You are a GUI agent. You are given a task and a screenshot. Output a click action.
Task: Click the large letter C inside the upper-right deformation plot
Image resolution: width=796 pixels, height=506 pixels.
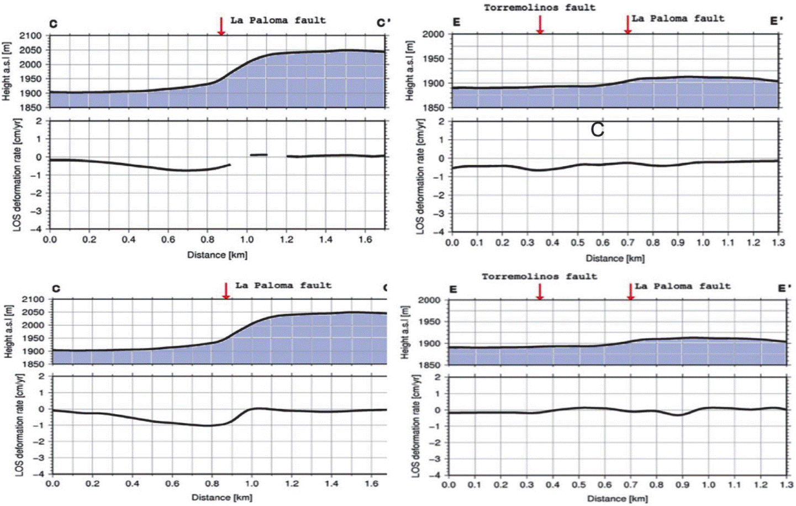pyautogui.click(x=597, y=130)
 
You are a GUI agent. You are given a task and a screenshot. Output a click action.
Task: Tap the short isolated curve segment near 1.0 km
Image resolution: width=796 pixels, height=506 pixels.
pyautogui.click(x=259, y=155)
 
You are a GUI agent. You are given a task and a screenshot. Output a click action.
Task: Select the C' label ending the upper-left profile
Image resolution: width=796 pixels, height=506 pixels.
pyautogui.click(x=383, y=23)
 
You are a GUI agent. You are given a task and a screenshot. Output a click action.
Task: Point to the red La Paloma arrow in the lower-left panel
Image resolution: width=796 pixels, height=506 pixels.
pyautogui.click(x=225, y=291)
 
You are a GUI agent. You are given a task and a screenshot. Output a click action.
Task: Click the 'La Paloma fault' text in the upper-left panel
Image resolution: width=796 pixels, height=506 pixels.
pyautogui.click(x=278, y=20)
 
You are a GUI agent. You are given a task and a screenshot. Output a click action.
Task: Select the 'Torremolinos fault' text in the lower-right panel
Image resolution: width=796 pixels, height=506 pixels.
pyautogui.click(x=539, y=276)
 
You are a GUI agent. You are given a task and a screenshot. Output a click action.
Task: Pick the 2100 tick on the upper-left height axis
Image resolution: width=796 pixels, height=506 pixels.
pyautogui.click(x=31, y=36)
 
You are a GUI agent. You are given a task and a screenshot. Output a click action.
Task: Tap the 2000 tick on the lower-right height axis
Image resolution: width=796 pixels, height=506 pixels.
pyautogui.click(x=429, y=300)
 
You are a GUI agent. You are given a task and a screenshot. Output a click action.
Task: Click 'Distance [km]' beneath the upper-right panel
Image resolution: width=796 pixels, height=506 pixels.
pyautogui.click(x=615, y=258)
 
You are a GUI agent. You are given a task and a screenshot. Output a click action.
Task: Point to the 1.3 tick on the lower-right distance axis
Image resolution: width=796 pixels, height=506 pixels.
pyautogui.click(x=786, y=485)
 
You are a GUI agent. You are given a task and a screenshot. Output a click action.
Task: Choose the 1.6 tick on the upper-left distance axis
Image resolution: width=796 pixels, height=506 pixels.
pyautogui.click(x=365, y=240)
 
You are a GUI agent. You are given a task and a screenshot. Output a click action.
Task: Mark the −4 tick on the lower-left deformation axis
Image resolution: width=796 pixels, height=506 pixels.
pyautogui.click(x=41, y=474)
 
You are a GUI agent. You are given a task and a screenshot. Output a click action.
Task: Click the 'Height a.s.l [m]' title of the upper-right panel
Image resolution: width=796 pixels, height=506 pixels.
pyautogui.click(x=409, y=71)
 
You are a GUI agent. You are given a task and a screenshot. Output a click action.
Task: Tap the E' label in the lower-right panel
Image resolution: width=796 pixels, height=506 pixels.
pyautogui.click(x=784, y=288)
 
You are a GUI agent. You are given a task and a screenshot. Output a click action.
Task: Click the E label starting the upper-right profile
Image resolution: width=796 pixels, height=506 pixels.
pyautogui.click(x=456, y=23)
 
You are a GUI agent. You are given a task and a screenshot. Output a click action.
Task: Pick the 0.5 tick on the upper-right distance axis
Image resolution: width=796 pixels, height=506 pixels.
pyautogui.click(x=578, y=243)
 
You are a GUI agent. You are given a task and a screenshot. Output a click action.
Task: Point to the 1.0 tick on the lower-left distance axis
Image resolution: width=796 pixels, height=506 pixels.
pyautogui.click(x=252, y=484)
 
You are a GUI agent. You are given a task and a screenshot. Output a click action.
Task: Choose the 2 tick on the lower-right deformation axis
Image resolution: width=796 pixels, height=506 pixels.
pyautogui.click(x=437, y=377)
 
